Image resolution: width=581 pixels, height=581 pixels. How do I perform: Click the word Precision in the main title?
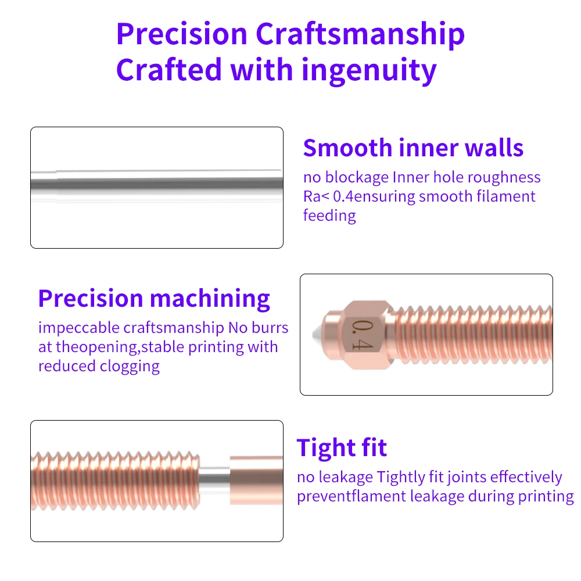pos(181,34)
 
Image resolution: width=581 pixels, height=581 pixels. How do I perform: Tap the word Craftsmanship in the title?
pos(360,36)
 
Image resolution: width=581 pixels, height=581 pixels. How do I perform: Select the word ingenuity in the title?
pos(369,71)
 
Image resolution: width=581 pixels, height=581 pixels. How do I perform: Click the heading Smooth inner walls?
pos(413,148)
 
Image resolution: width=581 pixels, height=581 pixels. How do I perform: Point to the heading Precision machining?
pos(154,299)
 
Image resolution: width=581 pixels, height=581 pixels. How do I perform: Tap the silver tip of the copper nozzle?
pos(317,335)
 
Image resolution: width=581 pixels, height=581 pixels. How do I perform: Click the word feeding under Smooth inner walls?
pos(329,216)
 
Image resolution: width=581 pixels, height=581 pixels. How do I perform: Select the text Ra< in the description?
pos(315,196)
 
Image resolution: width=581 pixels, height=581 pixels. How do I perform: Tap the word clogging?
pos(130,367)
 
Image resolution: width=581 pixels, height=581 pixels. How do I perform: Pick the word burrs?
pos(270,328)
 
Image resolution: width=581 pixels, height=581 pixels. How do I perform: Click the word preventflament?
pos(352,497)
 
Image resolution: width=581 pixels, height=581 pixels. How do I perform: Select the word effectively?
pos(526,477)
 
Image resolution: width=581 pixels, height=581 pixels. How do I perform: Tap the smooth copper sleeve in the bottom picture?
pos(256,480)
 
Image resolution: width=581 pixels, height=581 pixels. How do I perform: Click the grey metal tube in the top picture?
pos(157,184)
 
